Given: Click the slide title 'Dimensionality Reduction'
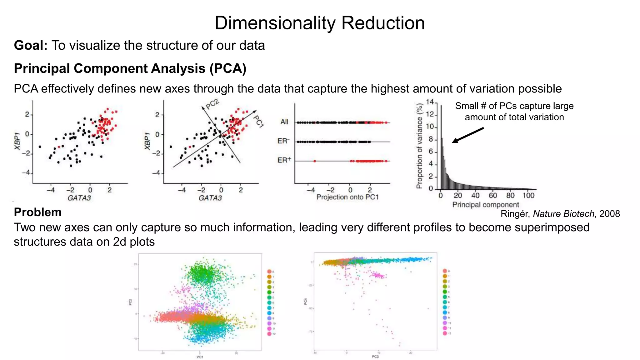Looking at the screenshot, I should coord(319,23).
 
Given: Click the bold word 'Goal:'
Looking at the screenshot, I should coord(31,46).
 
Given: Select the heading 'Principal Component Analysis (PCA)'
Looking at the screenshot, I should coord(130,68).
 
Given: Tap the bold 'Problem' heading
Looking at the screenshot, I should coord(37,212).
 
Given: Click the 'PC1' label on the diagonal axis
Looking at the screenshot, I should coord(258,121).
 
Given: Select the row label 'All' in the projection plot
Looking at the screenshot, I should coord(284,122).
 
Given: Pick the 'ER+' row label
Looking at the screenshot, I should coord(284,160).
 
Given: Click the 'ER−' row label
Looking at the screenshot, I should coord(283,141).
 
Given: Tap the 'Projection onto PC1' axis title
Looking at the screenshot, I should coord(347,197).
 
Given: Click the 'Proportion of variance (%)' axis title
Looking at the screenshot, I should coord(419,146).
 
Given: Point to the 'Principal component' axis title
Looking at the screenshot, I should coord(485,205).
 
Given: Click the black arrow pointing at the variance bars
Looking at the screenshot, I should coord(467,135).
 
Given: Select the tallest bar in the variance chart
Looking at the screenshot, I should coord(441,147).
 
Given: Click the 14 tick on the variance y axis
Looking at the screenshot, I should coord(430,102).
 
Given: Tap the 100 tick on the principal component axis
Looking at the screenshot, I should coord(528,196).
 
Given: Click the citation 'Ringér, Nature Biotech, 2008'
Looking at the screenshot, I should coord(560,214).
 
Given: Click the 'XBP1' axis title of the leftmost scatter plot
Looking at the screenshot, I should coord(17,141).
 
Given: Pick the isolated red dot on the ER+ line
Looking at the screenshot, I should coord(314,161).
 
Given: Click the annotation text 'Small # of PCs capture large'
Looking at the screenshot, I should coord(514,106).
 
